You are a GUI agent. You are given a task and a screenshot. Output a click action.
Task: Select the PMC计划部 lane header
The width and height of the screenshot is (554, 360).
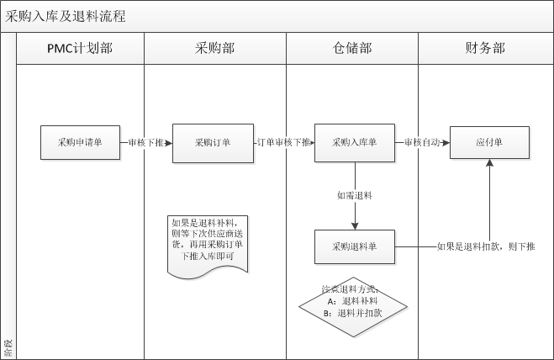click(x=80, y=49)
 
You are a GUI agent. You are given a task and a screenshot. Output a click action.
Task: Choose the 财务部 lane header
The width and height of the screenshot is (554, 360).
click(x=485, y=49)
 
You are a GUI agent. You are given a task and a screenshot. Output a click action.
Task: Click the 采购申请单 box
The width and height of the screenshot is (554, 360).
click(x=81, y=143)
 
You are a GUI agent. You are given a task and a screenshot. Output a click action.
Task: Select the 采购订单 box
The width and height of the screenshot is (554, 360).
click(x=213, y=143)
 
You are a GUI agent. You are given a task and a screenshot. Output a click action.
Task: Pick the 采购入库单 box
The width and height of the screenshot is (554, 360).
click(x=355, y=143)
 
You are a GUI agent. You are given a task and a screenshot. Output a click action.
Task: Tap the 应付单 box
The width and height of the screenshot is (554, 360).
click(x=488, y=143)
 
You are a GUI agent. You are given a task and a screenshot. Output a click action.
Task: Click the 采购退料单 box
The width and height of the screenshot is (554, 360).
click(x=355, y=246)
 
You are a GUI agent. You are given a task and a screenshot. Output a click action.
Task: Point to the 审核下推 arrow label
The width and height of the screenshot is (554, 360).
click(x=146, y=143)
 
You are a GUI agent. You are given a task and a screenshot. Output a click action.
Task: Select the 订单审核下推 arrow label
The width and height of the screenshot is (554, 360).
click(x=284, y=143)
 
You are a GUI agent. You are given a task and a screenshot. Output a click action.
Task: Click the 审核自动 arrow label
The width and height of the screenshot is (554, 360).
click(x=422, y=143)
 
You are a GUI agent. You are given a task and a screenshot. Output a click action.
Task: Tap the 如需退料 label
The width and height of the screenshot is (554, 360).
click(x=355, y=195)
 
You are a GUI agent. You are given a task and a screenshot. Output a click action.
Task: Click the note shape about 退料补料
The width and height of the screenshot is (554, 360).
click(x=208, y=244)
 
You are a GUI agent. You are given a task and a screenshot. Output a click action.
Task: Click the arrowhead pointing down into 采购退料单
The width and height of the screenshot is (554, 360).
click(x=355, y=225)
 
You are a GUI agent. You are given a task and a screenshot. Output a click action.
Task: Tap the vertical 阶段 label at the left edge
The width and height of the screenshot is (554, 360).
click(x=8, y=345)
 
